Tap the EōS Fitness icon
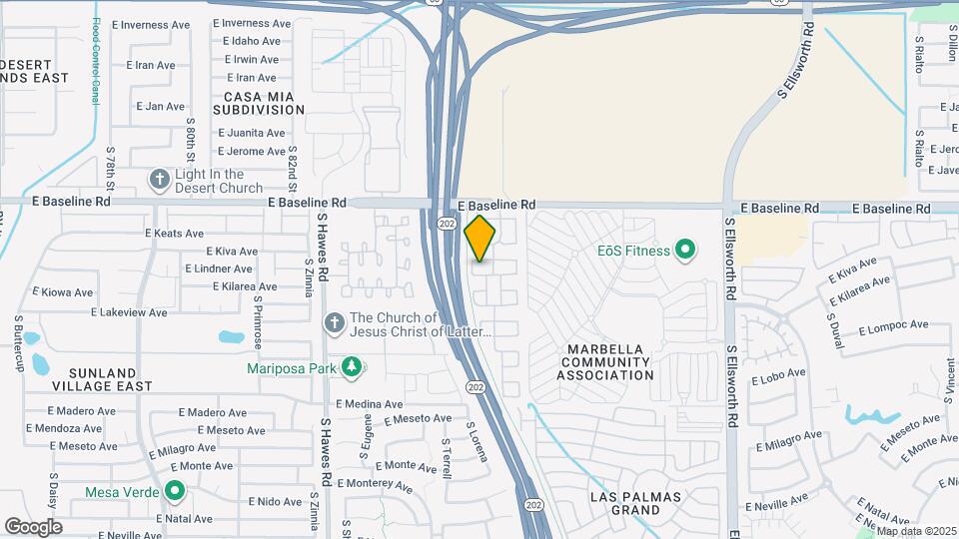tap(685, 250)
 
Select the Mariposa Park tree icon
tap(351, 367)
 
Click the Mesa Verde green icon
tap(176, 491)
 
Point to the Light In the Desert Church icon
tap(160, 180)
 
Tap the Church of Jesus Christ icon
tap(335, 324)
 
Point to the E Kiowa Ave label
tap(63, 292)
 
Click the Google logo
tap(33, 526)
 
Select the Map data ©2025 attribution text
tap(915, 531)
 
